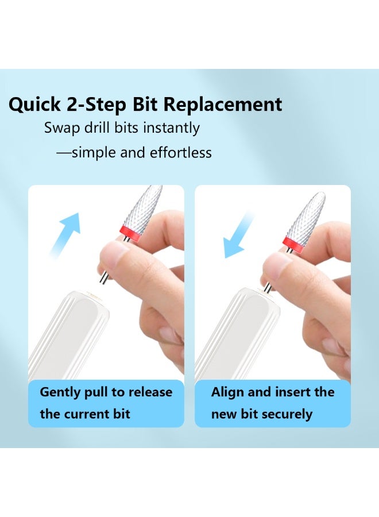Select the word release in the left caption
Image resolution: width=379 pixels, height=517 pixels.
(x=150, y=393)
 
